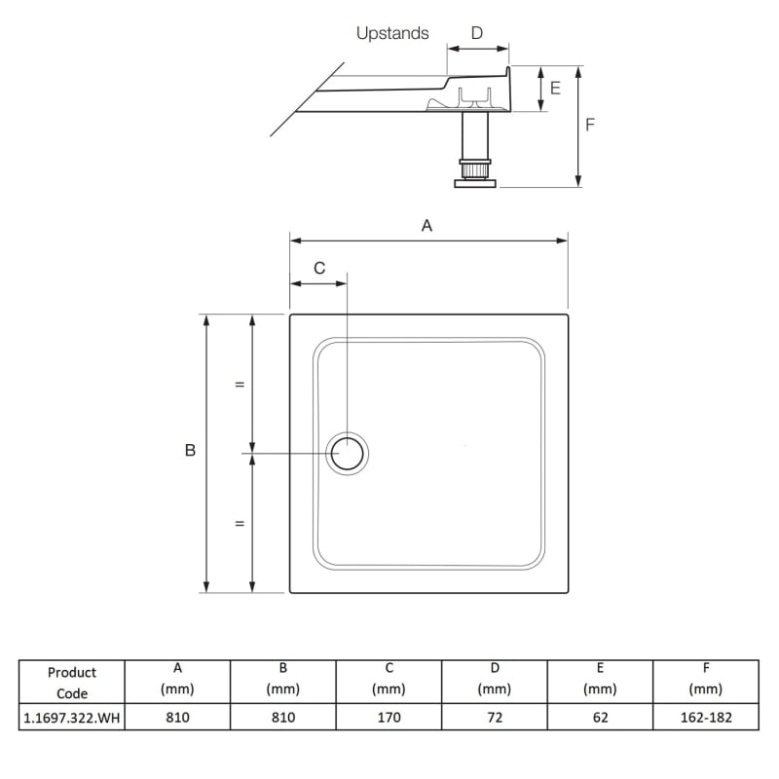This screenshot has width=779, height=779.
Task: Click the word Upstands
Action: click(x=391, y=33)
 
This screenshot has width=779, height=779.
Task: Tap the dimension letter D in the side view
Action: click(x=476, y=33)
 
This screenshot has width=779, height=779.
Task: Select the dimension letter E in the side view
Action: click(x=555, y=88)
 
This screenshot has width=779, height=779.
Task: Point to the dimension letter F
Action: click(x=590, y=125)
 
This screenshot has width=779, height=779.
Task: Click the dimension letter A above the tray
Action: click(x=427, y=225)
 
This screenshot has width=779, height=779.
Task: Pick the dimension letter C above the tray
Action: click(x=319, y=268)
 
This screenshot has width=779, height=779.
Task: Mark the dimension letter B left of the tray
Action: click(x=190, y=451)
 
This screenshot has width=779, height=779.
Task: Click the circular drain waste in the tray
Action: click(x=348, y=454)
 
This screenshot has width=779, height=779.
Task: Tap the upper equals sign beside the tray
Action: click(x=239, y=384)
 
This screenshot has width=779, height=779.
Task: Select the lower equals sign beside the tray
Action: click(x=239, y=524)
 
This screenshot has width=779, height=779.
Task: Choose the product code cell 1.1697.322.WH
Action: click(x=72, y=718)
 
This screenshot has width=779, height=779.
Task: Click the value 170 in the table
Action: click(x=389, y=718)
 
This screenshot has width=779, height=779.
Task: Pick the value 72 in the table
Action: click(x=495, y=718)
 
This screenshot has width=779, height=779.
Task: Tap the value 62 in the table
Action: click(x=600, y=718)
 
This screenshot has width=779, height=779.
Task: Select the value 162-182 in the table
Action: click(x=705, y=718)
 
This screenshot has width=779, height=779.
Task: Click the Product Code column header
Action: click(x=72, y=683)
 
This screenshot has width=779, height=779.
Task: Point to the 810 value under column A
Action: click(x=177, y=718)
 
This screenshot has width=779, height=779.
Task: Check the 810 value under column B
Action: click(x=282, y=718)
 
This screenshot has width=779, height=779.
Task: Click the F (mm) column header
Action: click(x=705, y=679)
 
